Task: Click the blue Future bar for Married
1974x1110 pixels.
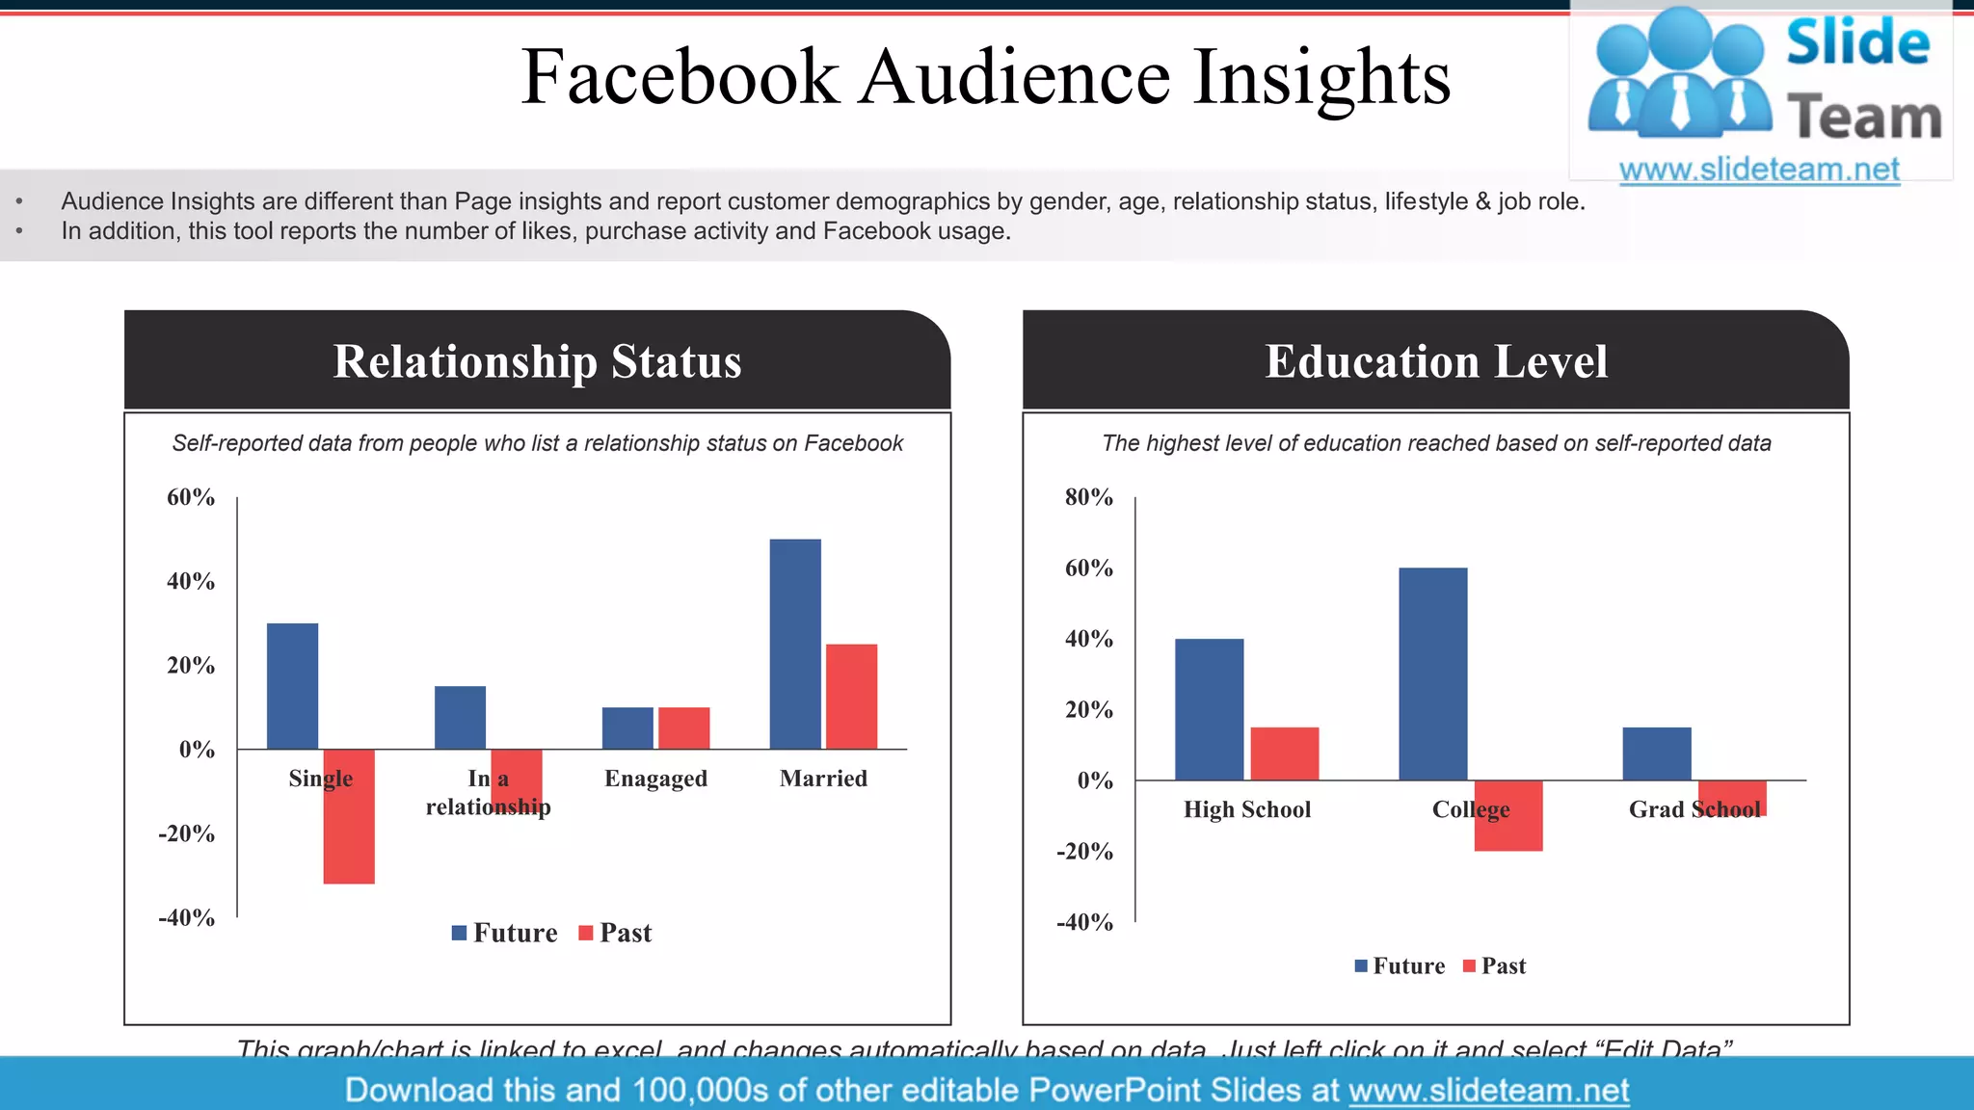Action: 795,644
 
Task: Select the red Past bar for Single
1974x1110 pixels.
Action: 349,829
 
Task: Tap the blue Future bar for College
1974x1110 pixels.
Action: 1432,674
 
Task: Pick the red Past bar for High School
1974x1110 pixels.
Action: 1284,753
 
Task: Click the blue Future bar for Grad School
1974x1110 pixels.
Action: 1656,753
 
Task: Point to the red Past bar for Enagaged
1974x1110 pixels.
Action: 683,727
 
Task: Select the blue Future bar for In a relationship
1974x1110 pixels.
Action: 460,717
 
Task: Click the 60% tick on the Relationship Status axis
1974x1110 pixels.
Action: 191,497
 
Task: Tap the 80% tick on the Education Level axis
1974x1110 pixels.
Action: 1088,497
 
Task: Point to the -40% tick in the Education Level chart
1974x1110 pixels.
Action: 1084,922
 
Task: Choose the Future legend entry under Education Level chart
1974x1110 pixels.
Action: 1400,966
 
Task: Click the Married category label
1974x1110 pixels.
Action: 823,779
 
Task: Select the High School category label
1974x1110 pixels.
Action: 1247,809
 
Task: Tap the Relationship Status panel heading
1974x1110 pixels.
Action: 537,361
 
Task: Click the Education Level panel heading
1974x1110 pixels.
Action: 1435,361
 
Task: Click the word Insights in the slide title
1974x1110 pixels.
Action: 1321,77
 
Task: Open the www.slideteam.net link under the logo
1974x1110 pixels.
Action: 1759,170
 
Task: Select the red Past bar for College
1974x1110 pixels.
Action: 1508,815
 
